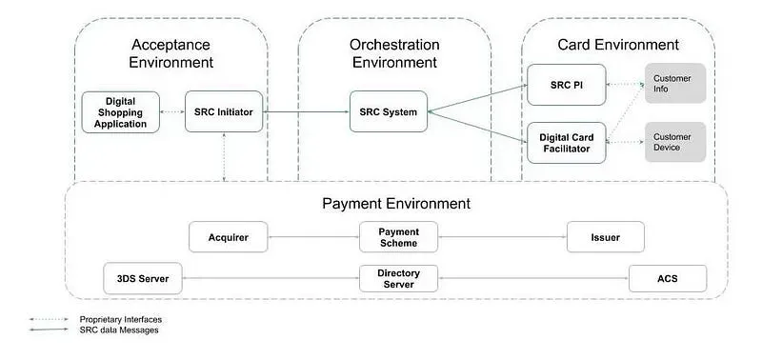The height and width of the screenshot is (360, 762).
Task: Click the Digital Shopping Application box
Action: [x=120, y=111]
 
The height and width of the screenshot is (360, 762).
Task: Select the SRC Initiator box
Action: [x=224, y=111]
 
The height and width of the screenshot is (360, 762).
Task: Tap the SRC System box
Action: [x=388, y=111]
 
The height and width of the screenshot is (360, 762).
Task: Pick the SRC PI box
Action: [x=566, y=86]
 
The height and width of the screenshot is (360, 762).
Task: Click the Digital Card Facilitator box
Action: [x=566, y=142]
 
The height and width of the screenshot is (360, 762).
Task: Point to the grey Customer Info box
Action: [x=675, y=83]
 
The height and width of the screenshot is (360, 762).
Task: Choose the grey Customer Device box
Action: [x=675, y=142]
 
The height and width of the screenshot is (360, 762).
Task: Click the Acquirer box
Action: [x=229, y=237]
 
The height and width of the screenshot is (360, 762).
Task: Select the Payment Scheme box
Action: [x=399, y=237]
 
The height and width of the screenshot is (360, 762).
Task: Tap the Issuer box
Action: [x=605, y=237]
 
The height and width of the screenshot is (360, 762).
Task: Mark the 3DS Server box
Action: [x=143, y=279]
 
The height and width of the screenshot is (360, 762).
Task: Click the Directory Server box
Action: [x=399, y=279]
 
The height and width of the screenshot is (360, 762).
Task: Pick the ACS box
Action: [x=668, y=279]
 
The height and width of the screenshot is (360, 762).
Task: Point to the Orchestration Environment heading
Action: [x=394, y=54]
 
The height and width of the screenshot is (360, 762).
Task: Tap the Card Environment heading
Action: [x=617, y=45]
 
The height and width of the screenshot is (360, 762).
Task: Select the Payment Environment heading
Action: [x=395, y=203]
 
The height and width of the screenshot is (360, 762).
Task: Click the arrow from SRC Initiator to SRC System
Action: [x=306, y=111]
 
